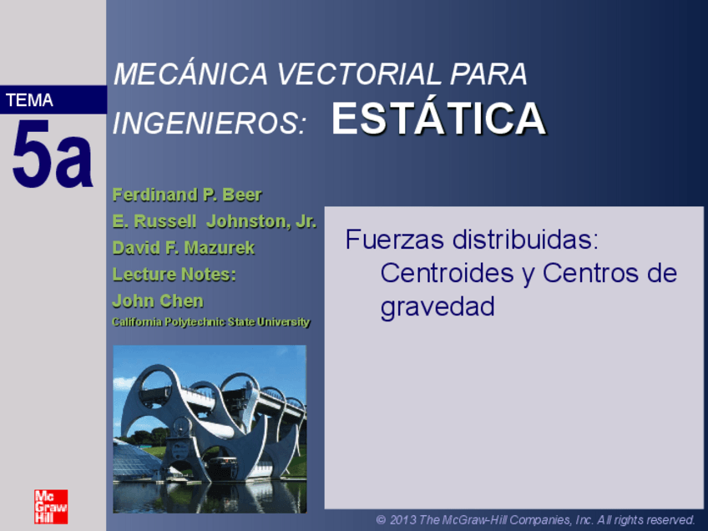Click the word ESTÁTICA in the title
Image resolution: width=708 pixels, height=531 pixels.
[x=438, y=119]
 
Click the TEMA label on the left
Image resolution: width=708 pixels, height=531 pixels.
[x=29, y=101]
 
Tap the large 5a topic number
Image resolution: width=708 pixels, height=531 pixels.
[x=52, y=155]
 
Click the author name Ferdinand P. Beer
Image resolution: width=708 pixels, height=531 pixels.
[x=187, y=195]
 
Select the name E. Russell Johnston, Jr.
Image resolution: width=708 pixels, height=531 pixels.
[x=214, y=222]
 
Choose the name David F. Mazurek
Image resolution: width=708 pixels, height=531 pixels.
[x=184, y=248]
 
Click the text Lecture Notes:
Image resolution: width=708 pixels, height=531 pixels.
[x=174, y=275]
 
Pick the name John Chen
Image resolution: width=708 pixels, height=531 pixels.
[x=158, y=301]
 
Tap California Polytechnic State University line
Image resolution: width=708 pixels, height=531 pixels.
[x=211, y=322]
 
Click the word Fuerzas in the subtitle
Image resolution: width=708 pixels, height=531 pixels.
[x=394, y=240]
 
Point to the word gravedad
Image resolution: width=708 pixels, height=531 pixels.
[x=437, y=306]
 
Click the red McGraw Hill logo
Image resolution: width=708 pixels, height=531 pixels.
[x=51, y=506]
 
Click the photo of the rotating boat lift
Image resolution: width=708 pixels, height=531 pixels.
[x=210, y=428]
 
